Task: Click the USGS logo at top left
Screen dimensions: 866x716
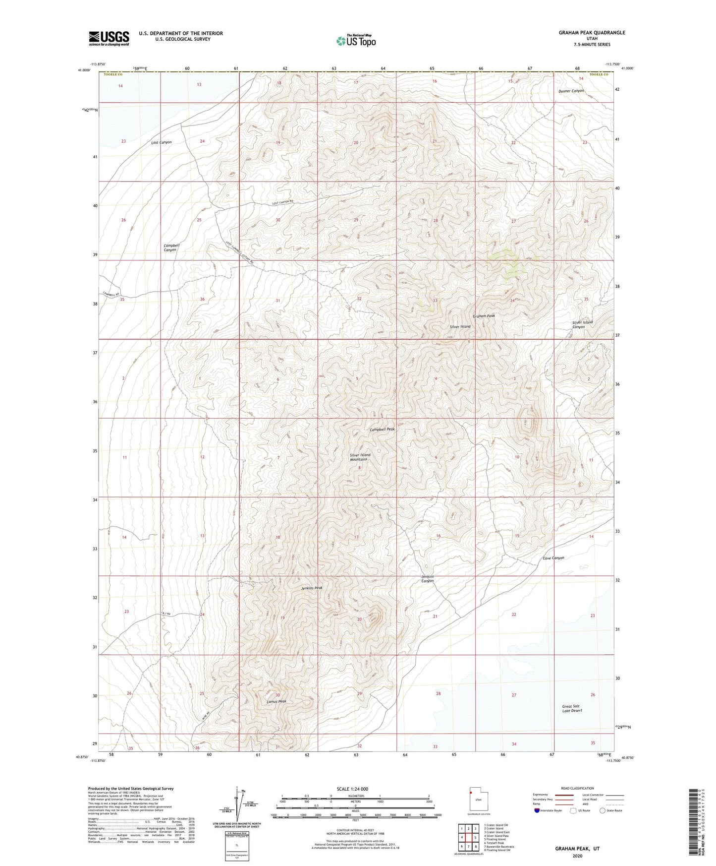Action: click(109, 38)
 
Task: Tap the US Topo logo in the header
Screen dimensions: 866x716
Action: click(355, 41)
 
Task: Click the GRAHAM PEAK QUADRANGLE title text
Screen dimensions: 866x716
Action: click(592, 33)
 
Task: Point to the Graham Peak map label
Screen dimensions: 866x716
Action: click(484, 315)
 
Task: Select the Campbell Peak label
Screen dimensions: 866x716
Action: click(382, 429)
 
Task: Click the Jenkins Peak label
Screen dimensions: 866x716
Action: click(312, 588)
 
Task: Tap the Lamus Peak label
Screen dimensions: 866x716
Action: click(276, 701)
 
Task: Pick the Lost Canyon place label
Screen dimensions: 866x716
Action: click(162, 142)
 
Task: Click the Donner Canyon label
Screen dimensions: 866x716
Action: click(571, 91)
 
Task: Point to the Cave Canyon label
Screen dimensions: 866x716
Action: click(553, 558)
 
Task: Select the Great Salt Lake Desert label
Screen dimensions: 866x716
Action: click(572, 708)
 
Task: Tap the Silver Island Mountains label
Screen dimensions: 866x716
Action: click(360, 457)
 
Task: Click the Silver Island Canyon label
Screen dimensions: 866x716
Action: click(582, 324)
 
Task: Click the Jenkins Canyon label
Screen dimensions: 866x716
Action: click(427, 578)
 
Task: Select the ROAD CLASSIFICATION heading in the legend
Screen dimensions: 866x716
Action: click(577, 788)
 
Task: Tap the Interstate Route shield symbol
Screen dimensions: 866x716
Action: click(538, 810)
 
